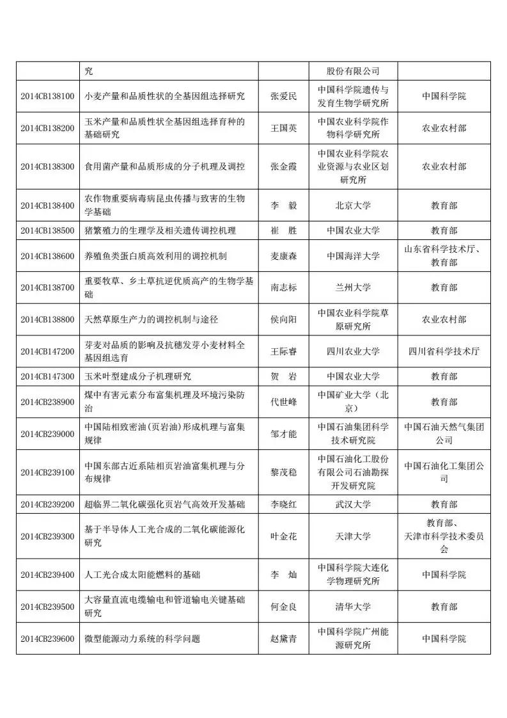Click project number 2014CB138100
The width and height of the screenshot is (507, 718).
click(x=47, y=96)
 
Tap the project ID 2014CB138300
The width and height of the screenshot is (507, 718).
click(x=47, y=166)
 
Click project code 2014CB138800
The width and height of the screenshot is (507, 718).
click(x=47, y=319)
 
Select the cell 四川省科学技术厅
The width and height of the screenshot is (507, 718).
click(x=444, y=351)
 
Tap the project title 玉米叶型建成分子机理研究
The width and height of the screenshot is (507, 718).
click(x=138, y=376)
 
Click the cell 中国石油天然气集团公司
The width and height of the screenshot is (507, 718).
click(x=444, y=433)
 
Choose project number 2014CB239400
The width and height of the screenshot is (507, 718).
click(x=47, y=575)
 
